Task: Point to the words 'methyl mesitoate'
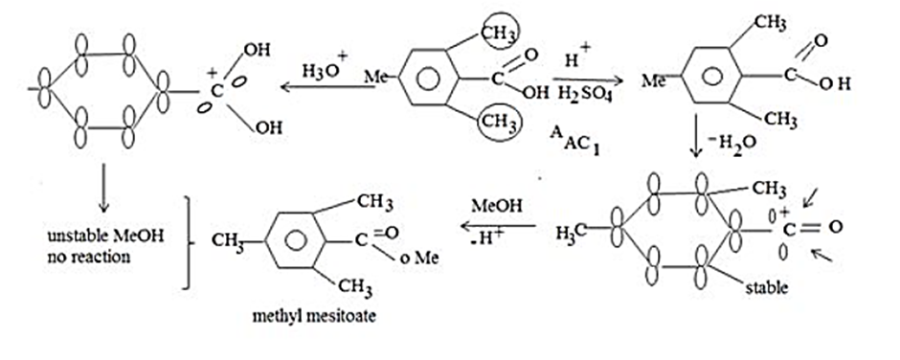tap(314, 316)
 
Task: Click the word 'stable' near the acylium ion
tap(766, 286)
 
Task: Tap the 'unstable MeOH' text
tap(105, 236)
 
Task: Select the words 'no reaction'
tap(89, 256)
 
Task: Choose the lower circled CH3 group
tap(498, 123)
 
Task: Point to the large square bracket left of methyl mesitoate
tap(188, 241)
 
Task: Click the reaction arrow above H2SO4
tap(588, 79)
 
